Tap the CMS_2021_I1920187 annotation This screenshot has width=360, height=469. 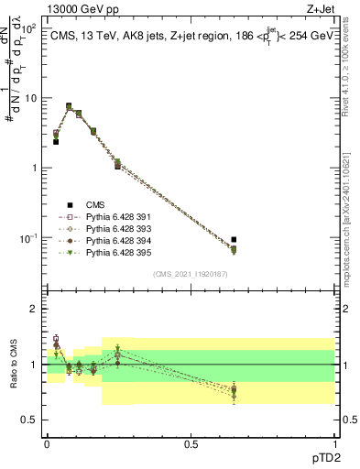coord(191,274)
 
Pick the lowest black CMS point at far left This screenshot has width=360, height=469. coord(56,142)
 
